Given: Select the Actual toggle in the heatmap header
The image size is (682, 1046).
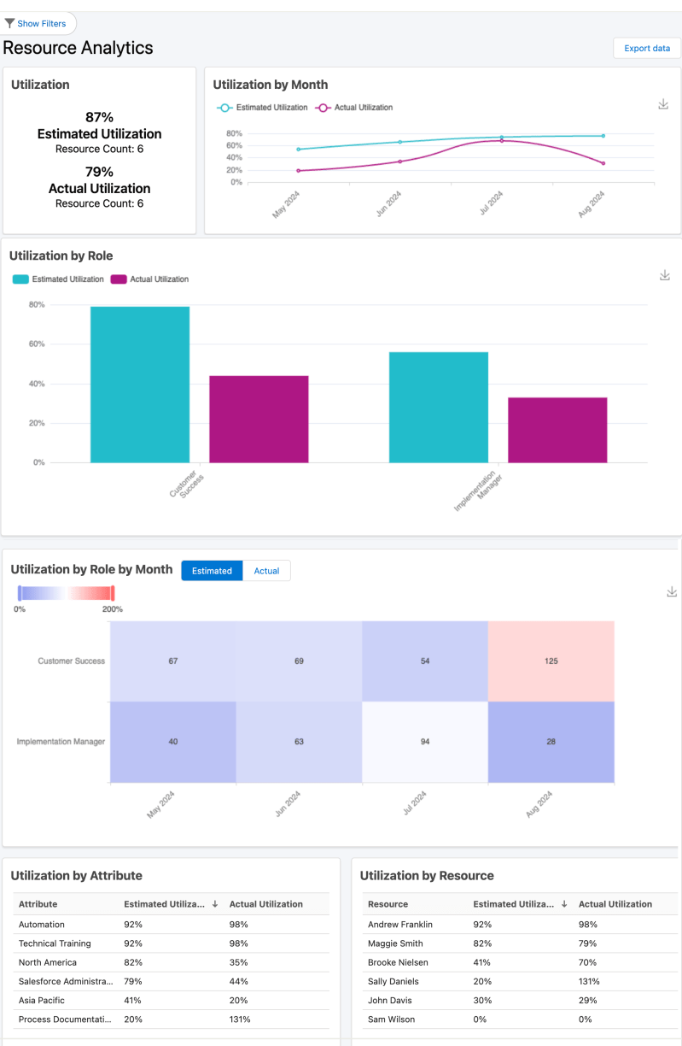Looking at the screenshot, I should click(x=266, y=571).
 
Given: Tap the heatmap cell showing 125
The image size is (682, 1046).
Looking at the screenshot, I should click(x=551, y=661).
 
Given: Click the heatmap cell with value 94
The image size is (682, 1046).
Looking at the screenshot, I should click(x=425, y=742).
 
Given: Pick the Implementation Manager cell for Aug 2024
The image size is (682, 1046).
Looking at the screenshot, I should click(x=551, y=742).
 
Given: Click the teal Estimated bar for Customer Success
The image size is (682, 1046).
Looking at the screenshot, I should click(x=140, y=385).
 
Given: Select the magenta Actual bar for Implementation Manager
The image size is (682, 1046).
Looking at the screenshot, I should click(x=557, y=430).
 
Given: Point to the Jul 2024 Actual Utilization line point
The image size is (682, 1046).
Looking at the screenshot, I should click(x=501, y=140).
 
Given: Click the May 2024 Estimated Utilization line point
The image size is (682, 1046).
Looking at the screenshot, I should click(x=298, y=150).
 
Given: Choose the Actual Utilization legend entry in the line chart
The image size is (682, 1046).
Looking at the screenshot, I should click(x=354, y=108).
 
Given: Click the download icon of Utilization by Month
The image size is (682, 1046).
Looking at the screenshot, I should click(x=663, y=104).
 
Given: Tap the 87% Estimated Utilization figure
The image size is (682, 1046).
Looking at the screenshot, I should click(x=99, y=117).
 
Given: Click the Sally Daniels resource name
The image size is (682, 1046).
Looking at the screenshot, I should click(x=393, y=981).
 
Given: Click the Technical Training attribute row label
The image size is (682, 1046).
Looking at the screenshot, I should click(x=55, y=943).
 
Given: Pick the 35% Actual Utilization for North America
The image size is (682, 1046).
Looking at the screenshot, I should click(x=238, y=962).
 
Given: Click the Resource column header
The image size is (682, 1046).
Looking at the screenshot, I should click(x=388, y=904).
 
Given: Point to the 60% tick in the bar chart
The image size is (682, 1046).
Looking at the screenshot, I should click(x=38, y=344).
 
